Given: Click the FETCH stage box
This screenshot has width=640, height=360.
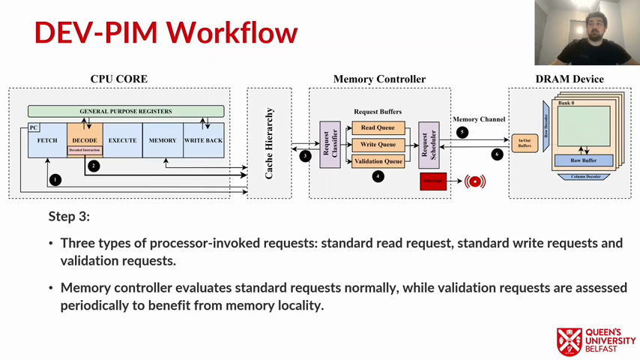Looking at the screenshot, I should click(x=47, y=140).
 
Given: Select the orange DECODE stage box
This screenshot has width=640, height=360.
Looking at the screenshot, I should click(x=85, y=139).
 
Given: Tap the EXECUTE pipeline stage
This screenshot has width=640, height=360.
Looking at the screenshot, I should click(x=122, y=140).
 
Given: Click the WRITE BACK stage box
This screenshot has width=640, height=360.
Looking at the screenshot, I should click(x=203, y=140).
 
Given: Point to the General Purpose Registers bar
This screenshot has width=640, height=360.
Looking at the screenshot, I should click(x=126, y=111).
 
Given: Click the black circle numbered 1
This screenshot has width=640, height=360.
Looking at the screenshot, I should click(x=55, y=180).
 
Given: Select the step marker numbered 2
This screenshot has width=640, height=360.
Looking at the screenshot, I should click(x=94, y=166).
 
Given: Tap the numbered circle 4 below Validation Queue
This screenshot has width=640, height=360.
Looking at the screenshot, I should click(x=378, y=176).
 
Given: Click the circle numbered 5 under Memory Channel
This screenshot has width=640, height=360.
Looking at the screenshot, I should click(x=462, y=132).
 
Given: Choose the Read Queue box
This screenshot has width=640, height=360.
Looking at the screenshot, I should click(x=378, y=128).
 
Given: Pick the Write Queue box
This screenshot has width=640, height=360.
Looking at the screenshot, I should click(x=378, y=145).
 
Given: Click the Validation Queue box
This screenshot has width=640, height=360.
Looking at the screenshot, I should click(x=378, y=161).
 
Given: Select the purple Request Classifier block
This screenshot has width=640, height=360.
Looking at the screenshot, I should click(x=330, y=144).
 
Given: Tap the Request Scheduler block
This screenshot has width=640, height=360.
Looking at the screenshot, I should click(x=429, y=144).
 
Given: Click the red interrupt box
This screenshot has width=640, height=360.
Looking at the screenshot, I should click(x=433, y=181).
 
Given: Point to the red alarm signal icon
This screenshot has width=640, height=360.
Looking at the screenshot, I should click(x=475, y=181).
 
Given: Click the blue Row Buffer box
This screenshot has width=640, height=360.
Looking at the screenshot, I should click(x=583, y=160).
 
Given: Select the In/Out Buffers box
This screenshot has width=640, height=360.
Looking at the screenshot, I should click(x=525, y=142).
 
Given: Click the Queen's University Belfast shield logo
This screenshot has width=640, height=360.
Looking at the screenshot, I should click(x=570, y=341).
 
